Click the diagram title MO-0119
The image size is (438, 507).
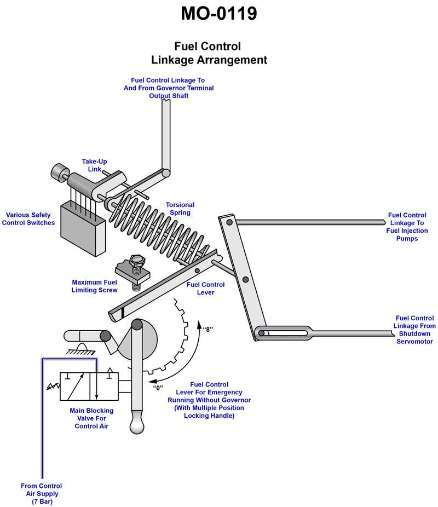[219, 14]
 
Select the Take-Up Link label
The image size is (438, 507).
[94, 165]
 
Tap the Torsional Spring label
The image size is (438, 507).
[180, 209]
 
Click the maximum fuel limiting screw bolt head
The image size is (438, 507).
[137, 260]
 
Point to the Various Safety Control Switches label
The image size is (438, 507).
[28, 218]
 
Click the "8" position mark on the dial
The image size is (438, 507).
[208, 330]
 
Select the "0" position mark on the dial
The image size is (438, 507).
[158, 388]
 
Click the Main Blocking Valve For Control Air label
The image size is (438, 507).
[91, 418]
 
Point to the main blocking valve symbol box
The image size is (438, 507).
[89, 387]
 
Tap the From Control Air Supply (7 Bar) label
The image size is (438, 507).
[42, 493]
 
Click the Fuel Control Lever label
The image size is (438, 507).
[205, 289]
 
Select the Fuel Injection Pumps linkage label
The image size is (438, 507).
[407, 227]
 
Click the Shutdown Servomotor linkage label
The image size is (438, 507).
[414, 330]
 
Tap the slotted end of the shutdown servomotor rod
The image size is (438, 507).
[284, 333]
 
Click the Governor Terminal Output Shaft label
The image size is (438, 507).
[169, 88]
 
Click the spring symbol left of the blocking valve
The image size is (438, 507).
[53, 386]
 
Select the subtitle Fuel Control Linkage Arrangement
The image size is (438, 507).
[209, 53]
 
